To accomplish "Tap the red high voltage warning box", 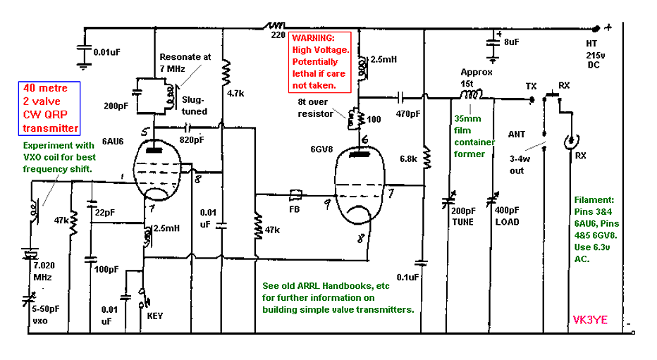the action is (320, 62).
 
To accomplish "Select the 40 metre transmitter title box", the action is (49, 108).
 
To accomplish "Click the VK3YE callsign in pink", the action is (590, 321).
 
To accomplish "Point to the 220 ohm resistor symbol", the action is (274, 26).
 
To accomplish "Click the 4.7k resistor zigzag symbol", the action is (226, 72).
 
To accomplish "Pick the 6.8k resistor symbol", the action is (426, 157).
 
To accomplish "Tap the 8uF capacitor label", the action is (512, 42).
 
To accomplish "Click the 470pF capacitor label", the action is (408, 113).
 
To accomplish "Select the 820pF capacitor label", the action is (192, 139).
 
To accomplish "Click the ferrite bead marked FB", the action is (295, 194).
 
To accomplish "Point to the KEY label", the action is (154, 316).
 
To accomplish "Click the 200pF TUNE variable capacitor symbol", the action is (448, 201).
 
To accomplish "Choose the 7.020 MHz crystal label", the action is (44, 271).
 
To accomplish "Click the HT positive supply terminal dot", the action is (596, 29).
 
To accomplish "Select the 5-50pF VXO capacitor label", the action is (46, 315).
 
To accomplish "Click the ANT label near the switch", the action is (517, 135).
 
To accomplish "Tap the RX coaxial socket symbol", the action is (571, 142).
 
